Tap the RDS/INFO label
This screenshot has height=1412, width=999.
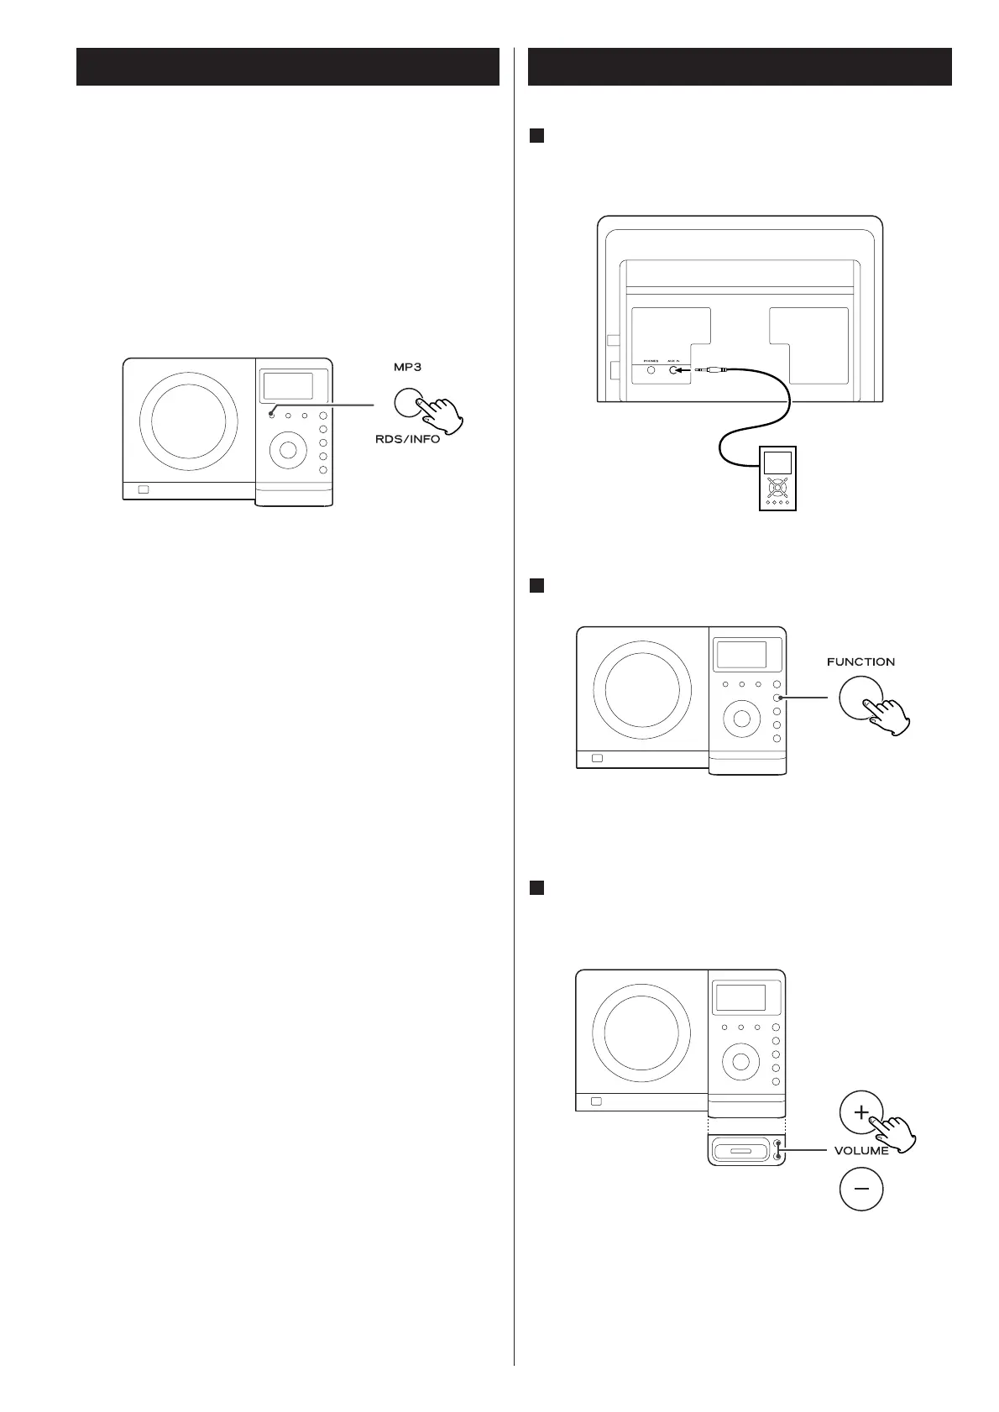[407, 440]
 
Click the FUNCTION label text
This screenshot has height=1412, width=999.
[860, 662]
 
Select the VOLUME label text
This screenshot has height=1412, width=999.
[861, 1151]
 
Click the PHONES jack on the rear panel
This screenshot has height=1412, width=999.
[651, 368]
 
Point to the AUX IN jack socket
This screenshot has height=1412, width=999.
[672, 368]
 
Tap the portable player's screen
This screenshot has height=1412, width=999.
[777, 463]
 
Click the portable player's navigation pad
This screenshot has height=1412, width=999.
[777, 488]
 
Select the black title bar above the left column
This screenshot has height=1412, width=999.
[288, 66]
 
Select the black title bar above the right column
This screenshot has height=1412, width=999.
[740, 66]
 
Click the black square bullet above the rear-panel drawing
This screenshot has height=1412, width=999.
[537, 134]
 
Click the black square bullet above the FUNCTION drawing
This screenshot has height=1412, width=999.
[537, 586]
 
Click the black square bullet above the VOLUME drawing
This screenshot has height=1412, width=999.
[537, 886]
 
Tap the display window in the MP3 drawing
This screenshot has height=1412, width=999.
[288, 386]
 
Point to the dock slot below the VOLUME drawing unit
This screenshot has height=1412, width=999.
[740, 1149]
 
